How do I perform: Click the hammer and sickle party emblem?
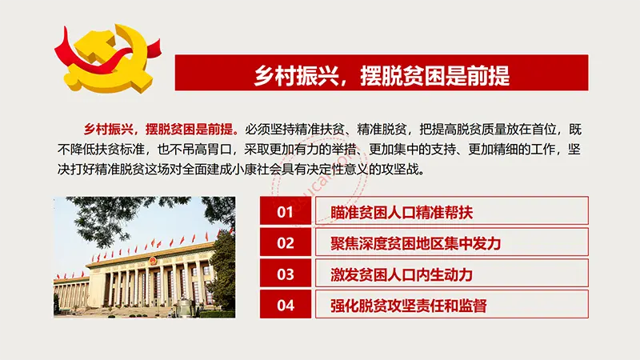pos(108,58)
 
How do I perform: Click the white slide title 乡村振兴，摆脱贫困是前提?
pos(382,75)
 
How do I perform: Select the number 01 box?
pos(286,211)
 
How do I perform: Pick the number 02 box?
pos(286,242)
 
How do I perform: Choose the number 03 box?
pos(286,274)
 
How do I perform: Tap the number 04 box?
pos(286,305)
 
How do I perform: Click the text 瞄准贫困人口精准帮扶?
pos(402,212)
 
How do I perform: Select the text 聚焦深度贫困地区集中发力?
pos(415,244)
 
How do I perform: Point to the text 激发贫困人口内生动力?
pos(402,274)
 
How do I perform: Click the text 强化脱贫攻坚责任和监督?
pos(409,306)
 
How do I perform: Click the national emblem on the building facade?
pos(152,261)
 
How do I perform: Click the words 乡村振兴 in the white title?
pos(296,75)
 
